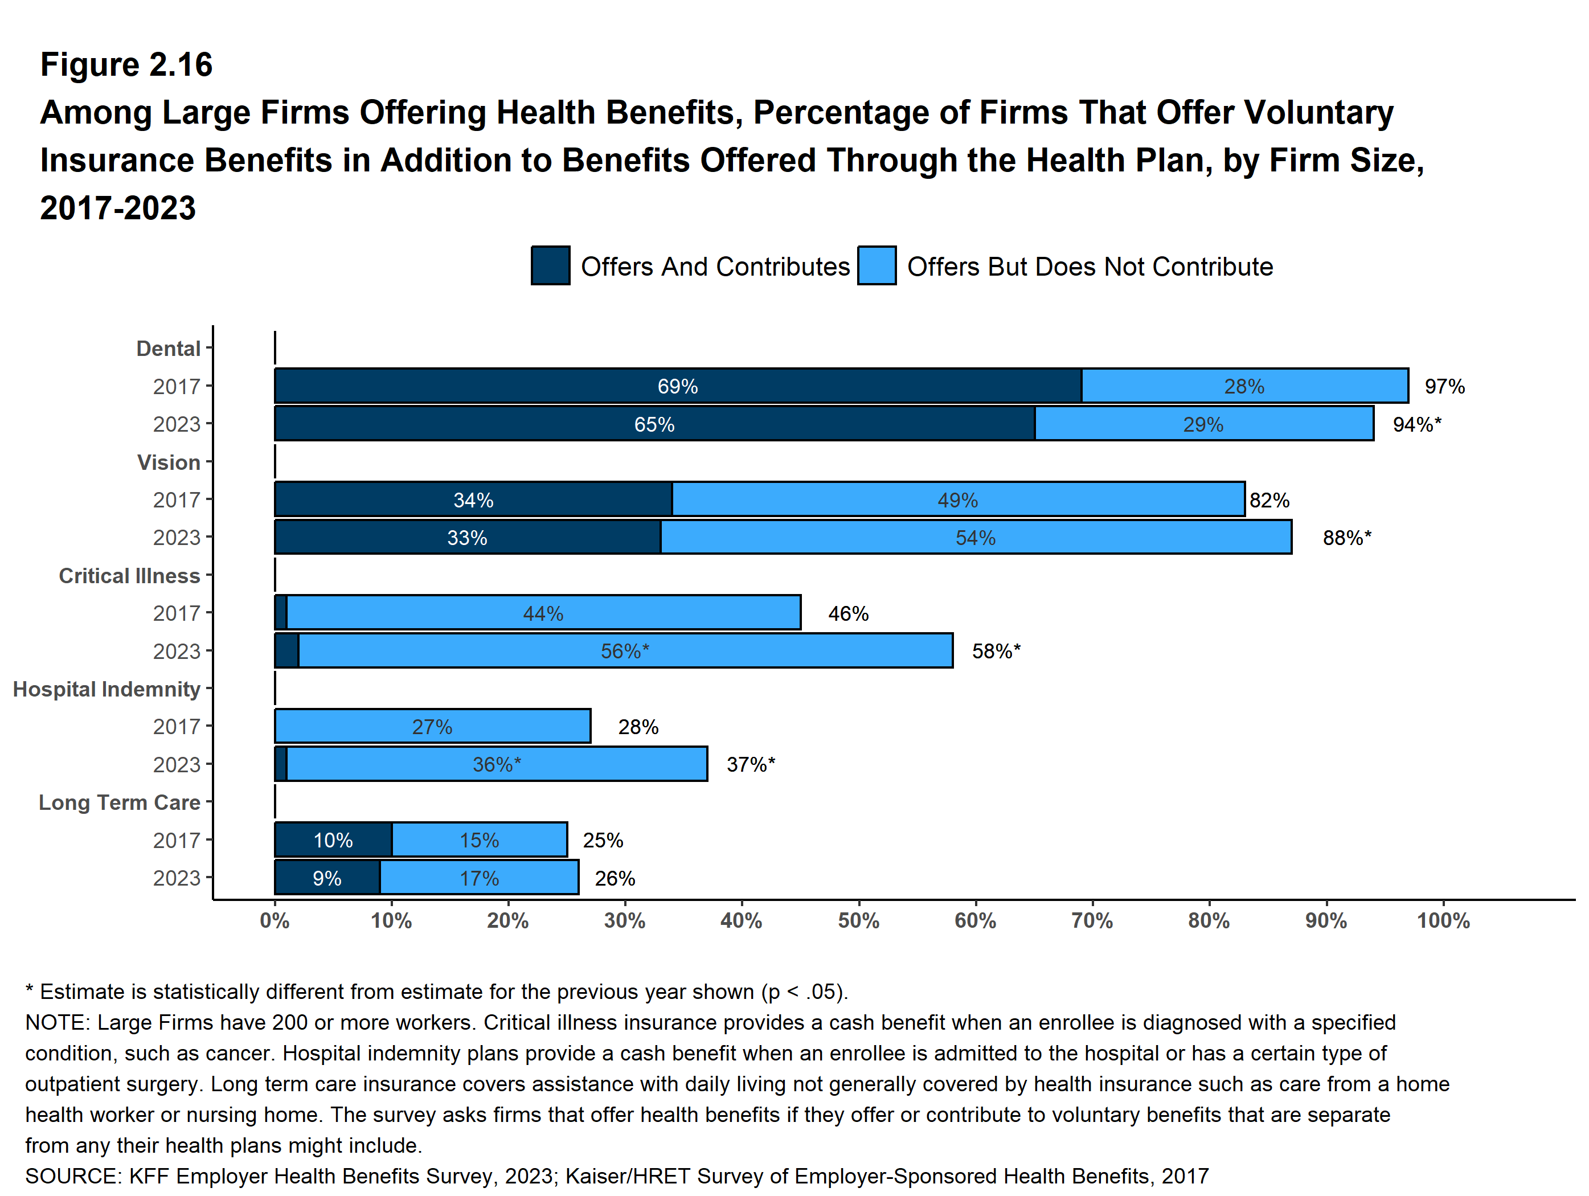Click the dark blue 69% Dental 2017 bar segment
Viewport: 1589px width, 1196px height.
click(677, 386)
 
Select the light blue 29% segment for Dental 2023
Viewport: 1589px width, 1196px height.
click(1204, 424)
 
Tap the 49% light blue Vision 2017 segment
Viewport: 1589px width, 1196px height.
click(957, 499)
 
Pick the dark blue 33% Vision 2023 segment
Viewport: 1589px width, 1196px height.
click(467, 537)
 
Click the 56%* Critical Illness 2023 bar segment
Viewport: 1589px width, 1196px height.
click(625, 651)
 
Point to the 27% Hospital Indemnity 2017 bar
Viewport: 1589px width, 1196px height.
click(432, 726)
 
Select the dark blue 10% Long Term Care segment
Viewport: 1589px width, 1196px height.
click(333, 839)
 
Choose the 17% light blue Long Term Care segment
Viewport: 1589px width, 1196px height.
click(479, 878)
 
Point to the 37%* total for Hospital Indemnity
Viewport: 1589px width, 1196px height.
click(751, 764)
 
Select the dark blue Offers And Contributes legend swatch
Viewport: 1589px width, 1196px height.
click(550, 266)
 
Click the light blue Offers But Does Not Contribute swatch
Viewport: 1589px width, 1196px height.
click(877, 266)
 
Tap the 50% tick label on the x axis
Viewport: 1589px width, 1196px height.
click(858, 921)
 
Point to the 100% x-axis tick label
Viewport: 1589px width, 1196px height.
click(1443, 921)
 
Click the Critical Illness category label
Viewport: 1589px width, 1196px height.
click(129, 575)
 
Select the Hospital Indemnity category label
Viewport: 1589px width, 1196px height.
click(107, 689)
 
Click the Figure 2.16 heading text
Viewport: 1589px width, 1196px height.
click(126, 65)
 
